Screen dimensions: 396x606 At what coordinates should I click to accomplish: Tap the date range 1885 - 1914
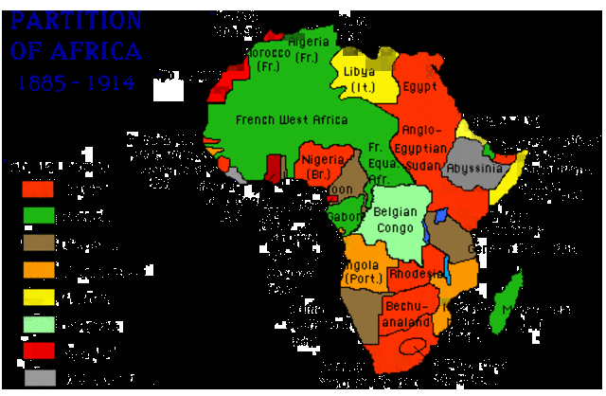tap(76, 82)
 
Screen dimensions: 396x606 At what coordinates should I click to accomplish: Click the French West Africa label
tap(292, 119)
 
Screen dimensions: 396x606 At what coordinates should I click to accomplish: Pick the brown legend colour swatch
tap(38, 243)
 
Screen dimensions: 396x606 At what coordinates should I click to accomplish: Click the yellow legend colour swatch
tap(38, 297)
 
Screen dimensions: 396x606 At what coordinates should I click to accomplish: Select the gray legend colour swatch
tap(38, 377)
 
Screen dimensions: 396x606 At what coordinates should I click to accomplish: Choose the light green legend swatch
tap(38, 324)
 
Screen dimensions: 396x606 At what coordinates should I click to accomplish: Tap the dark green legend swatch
tap(38, 215)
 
